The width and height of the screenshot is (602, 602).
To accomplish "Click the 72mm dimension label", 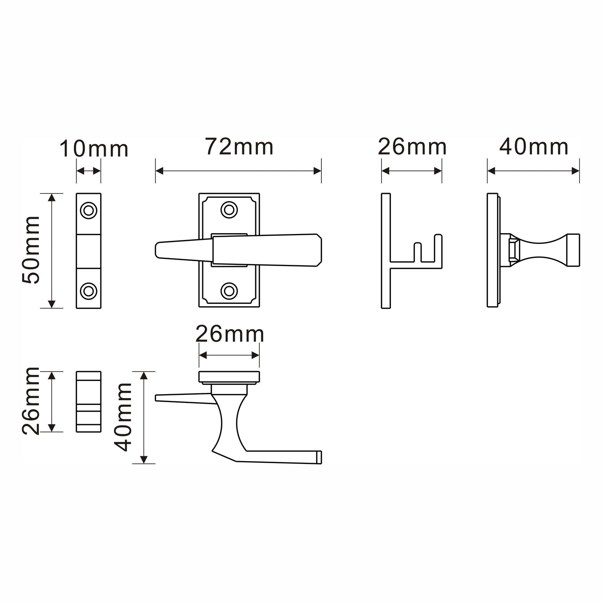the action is (x=240, y=147).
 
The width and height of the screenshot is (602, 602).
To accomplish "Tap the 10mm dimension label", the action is (x=94, y=149).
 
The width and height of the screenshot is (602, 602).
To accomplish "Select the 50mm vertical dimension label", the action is (x=31, y=250).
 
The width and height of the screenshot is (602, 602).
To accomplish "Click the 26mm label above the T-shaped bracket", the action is (x=412, y=147).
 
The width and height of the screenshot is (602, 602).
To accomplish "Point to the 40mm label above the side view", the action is (x=534, y=147).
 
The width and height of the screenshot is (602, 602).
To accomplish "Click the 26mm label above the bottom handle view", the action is (x=230, y=334).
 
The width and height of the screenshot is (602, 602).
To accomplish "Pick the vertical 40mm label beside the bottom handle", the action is (x=123, y=417).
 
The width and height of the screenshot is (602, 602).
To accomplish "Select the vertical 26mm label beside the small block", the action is (x=31, y=401).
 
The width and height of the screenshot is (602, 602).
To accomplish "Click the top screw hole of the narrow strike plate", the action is (x=89, y=210).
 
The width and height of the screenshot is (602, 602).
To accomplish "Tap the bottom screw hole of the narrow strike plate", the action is (x=89, y=291).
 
